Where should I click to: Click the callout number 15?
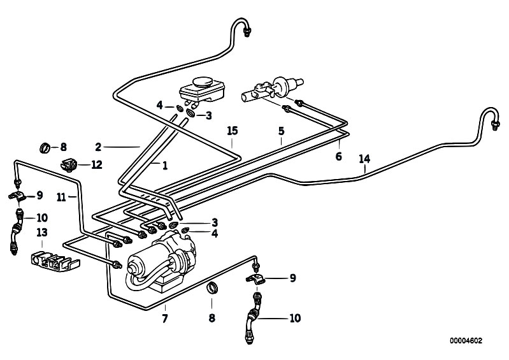233,131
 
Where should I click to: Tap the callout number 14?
364,159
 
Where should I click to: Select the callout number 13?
42,233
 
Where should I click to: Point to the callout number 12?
97,164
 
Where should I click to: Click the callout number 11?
61,197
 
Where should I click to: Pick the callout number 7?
165,319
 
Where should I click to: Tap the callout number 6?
338,157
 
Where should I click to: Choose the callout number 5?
281,131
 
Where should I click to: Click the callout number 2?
98,147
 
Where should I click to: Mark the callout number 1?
165,166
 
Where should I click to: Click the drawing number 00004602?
466,341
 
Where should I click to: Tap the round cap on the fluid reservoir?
202,82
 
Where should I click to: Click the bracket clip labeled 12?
69,164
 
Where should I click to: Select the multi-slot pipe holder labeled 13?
55,261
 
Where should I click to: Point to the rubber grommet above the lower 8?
213,288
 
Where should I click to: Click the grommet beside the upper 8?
45,147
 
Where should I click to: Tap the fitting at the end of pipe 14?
495,125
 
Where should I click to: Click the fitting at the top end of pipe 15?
247,32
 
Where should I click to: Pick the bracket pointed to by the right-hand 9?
255,278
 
